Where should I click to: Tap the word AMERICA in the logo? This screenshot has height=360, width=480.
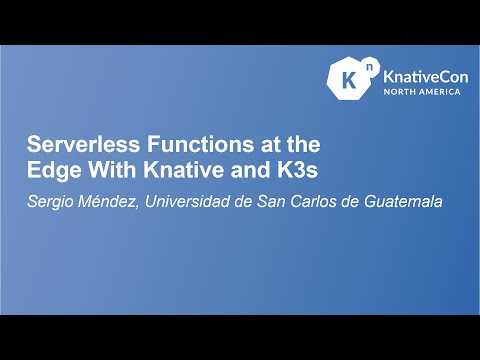click(x=440, y=91)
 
